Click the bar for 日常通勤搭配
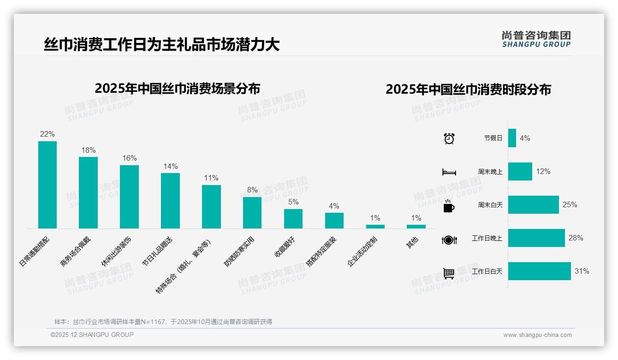pyautogui.click(x=47, y=185)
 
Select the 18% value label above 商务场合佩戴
pyautogui.click(x=88, y=150)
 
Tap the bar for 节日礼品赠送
pyautogui.click(x=170, y=201)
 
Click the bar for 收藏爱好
pyautogui.click(x=293, y=219)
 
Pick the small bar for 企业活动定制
pyautogui.click(x=375, y=227)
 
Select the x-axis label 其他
pyautogui.click(x=412, y=242)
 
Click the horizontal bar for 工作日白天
pyautogui.click(x=539, y=271)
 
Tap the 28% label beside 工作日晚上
pyautogui.click(x=576, y=238)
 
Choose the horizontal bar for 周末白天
pyautogui.click(x=533, y=205)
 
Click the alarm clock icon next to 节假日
pyautogui.click(x=449, y=138)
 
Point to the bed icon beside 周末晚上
pyautogui.click(x=449, y=172)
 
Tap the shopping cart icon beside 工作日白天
pyautogui.click(x=449, y=273)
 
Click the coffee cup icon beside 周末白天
pyautogui.click(x=449, y=206)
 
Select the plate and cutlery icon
pyautogui.click(x=449, y=240)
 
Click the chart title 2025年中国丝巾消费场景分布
pyautogui.click(x=177, y=89)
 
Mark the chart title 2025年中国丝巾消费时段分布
pyautogui.click(x=468, y=90)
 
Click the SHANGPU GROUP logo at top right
pyautogui.click(x=536, y=39)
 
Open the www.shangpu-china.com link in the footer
pyautogui.click(x=537, y=335)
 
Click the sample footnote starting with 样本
pyautogui.click(x=163, y=322)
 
